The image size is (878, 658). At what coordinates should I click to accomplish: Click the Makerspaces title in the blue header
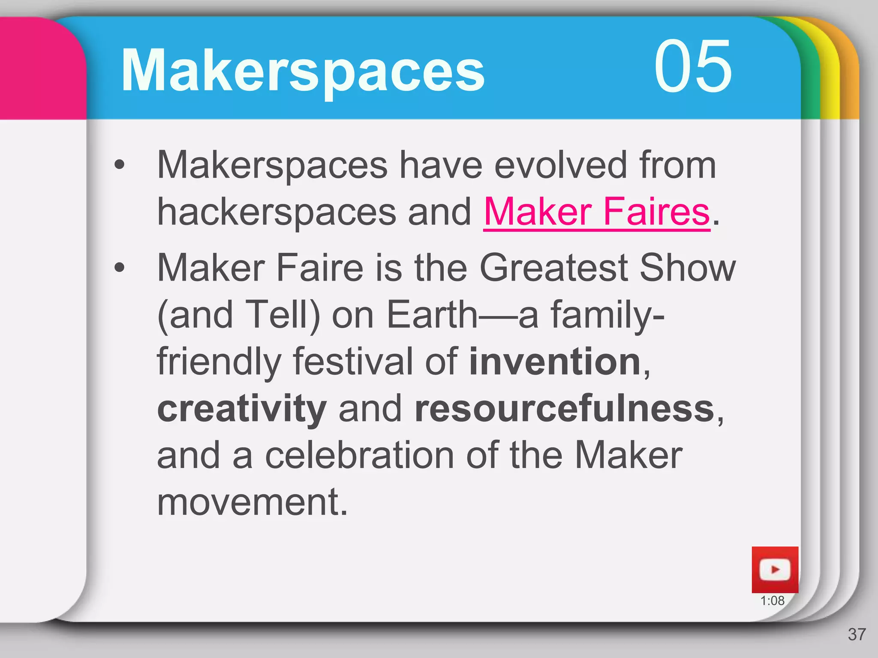click(x=303, y=70)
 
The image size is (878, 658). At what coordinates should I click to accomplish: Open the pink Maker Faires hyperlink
click(x=596, y=212)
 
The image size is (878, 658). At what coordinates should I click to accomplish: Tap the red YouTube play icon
click(x=775, y=570)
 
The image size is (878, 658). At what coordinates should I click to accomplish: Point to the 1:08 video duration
click(x=772, y=601)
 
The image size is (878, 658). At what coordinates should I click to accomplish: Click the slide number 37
click(x=857, y=634)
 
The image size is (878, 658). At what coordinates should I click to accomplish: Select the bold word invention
click(x=555, y=362)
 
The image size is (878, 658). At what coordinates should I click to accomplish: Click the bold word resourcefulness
click(x=565, y=408)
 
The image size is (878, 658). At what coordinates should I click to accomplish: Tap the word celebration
click(x=359, y=455)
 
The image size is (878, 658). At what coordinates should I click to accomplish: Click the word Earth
click(x=432, y=314)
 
